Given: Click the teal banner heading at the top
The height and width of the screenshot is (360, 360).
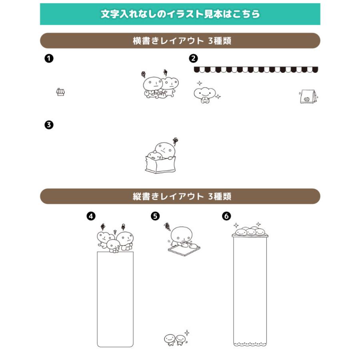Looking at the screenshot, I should pyautogui.click(x=180, y=14).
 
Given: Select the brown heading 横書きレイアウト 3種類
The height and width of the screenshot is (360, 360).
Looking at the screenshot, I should pyautogui.click(x=180, y=41).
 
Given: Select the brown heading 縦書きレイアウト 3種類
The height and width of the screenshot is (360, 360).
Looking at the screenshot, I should pyautogui.click(x=180, y=196).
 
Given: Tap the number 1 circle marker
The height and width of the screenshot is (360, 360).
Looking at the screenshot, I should pyautogui.click(x=49, y=59).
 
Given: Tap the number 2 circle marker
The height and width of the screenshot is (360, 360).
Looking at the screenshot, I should pyautogui.click(x=193, y=59).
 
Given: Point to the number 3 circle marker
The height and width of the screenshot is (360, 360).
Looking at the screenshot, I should pyautogui.click(x=49, y=125).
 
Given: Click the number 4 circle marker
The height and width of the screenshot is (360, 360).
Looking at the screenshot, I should pyautogui.click(x=91, y=216).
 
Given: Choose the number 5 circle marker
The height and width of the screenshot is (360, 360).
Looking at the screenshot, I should pyautogui.click(x=155, y=216).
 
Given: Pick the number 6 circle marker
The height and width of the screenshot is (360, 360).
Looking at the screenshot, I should pyautogui.click(x=226, y=216).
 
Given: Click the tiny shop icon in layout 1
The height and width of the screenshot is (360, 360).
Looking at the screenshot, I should pyautogui.click(x=60, y=92).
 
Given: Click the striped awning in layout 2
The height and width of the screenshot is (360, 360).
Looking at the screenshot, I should pyautogui.click(x=256, y=70).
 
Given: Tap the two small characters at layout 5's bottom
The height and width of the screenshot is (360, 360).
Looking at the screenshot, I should pyautogui.click(x=175, y=340).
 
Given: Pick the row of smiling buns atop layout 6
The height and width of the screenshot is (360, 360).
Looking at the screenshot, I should pyautogui.click(x=250, y=231).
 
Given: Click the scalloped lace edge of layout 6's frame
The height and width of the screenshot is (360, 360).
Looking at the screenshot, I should pyautogui.click(x=250, y=344).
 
